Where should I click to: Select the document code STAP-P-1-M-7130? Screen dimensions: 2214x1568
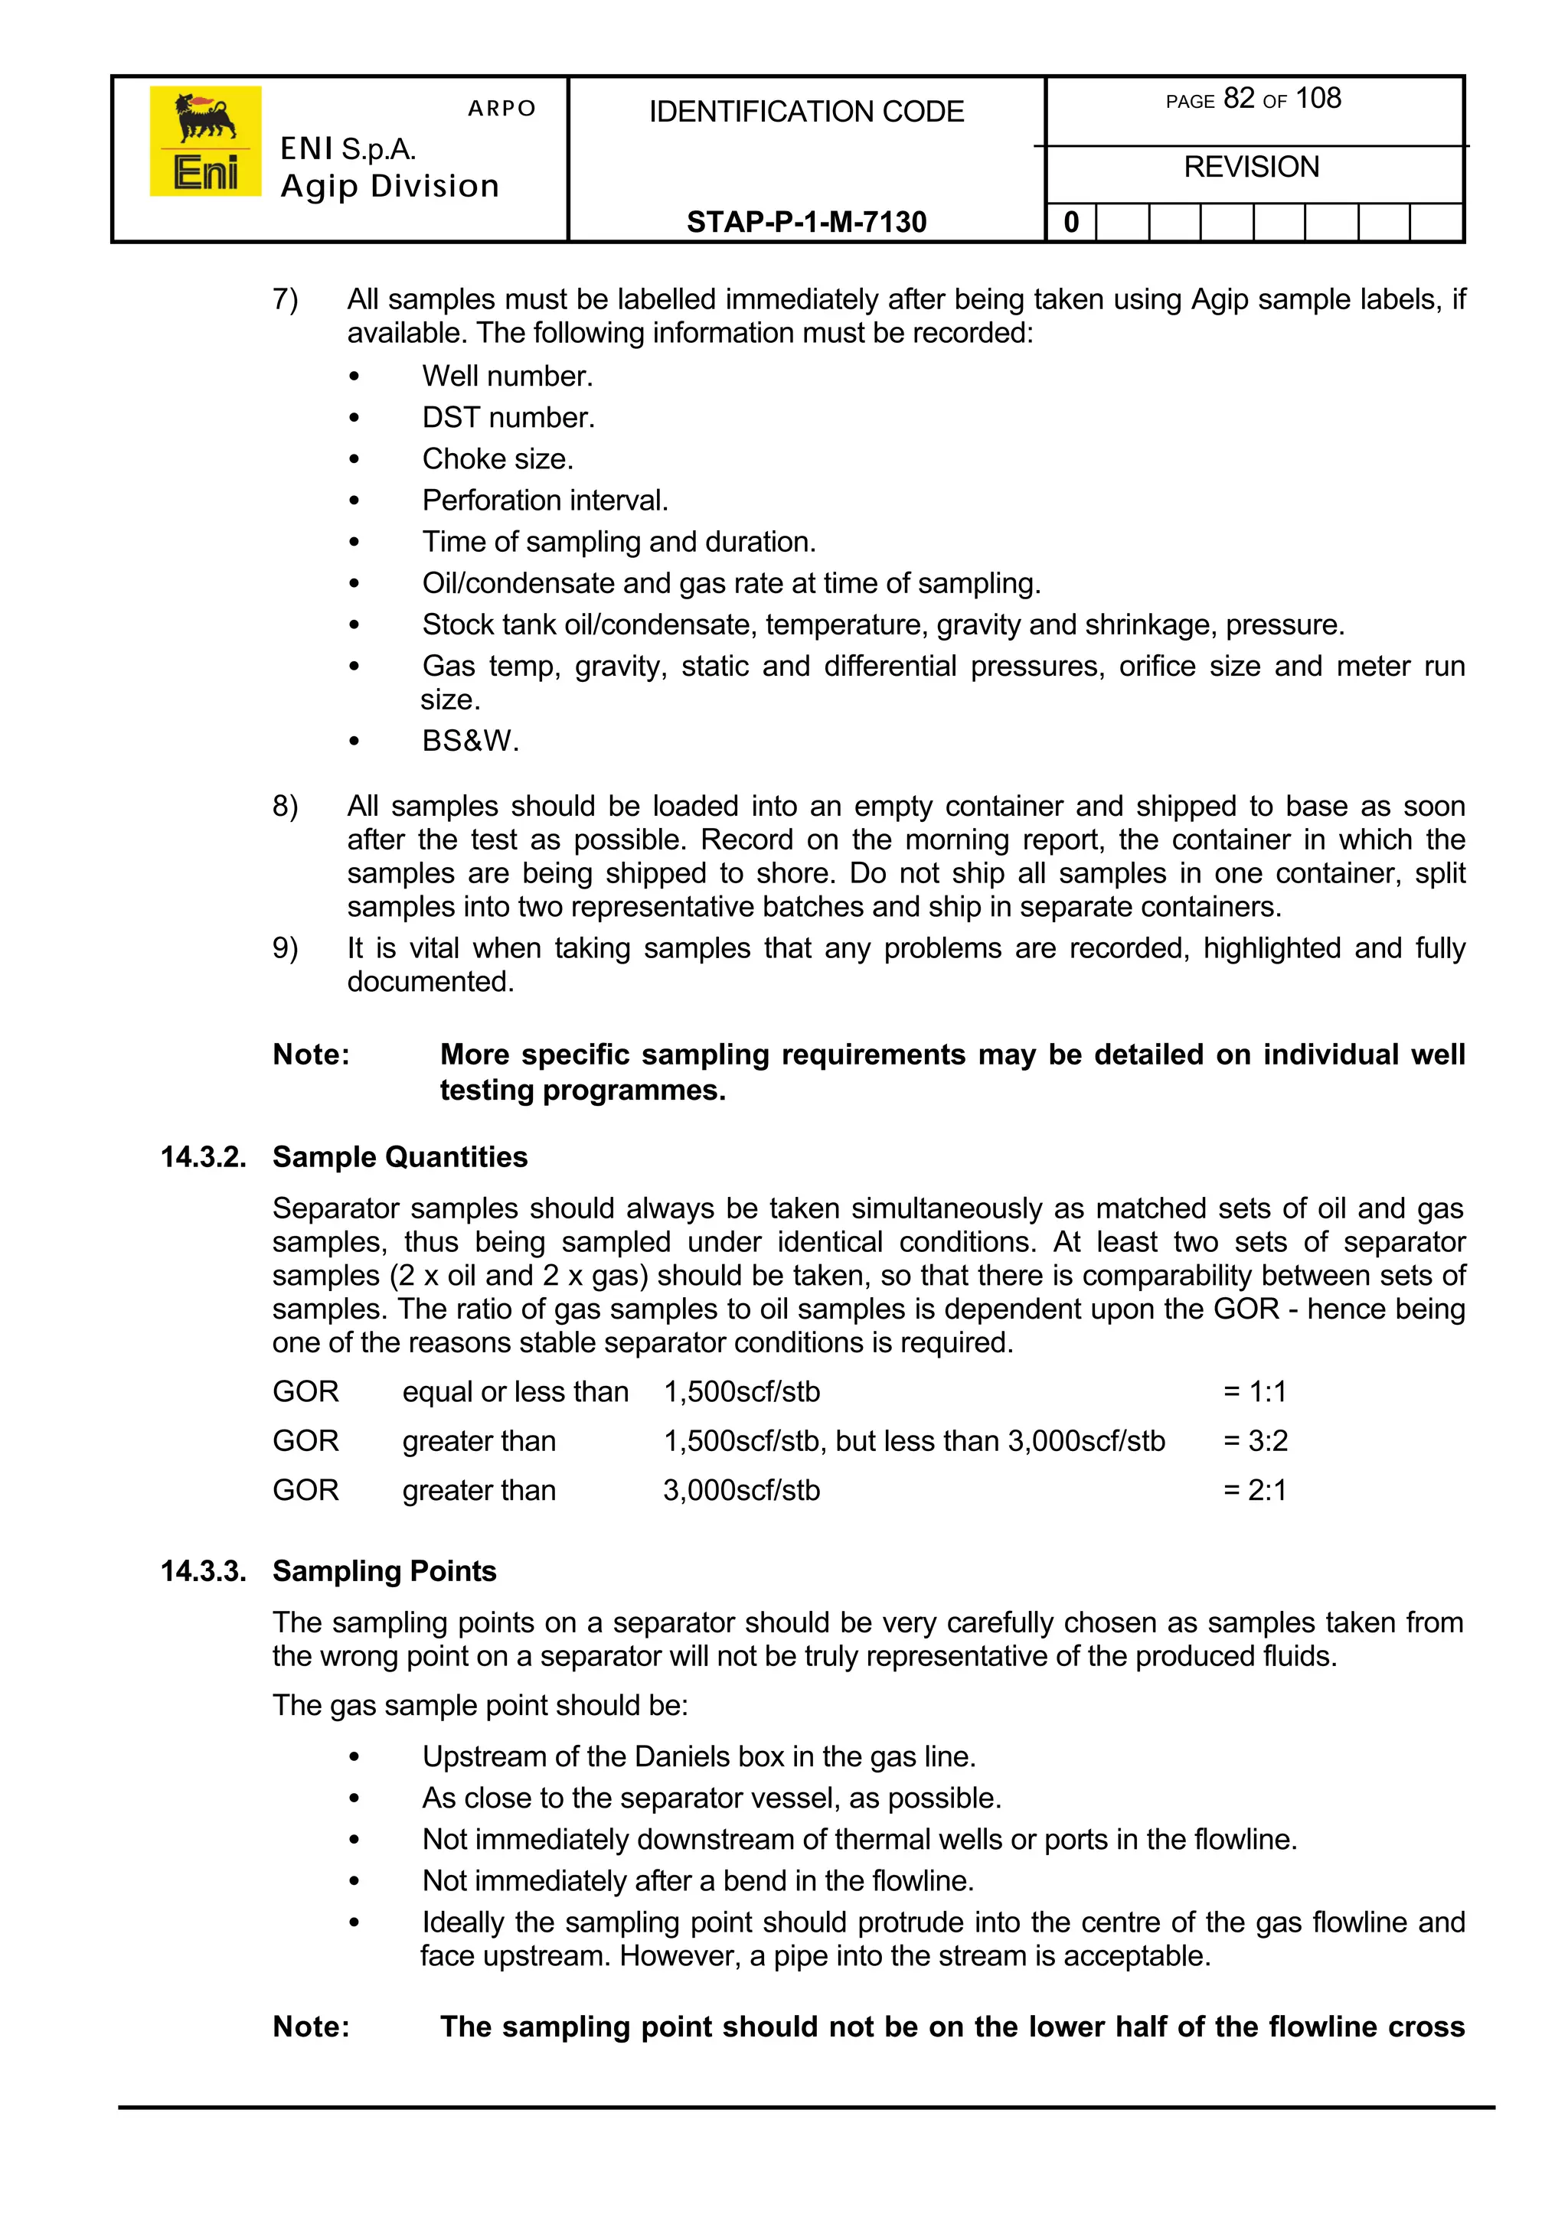(806, 222)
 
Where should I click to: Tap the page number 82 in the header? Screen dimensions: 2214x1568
(1238, 99)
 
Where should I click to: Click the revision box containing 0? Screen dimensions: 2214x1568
(1071, 223)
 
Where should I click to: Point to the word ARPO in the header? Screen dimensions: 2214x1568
(501, 108)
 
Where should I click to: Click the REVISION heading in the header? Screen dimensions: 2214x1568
(1251, 167)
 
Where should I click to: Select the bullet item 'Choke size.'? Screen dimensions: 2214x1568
(497, 458)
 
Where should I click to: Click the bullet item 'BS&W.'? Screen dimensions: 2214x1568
(470, 742)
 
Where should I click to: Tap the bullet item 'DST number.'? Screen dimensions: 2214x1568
(508, 417)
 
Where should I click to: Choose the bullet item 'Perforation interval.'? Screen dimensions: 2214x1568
(544, 500)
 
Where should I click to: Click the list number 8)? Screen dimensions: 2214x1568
(285, 806)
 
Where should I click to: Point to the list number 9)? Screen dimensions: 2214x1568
(285, 947)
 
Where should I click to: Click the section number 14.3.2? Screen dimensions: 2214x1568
(203, 1156)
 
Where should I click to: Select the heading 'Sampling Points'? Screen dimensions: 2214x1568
(384, 1570)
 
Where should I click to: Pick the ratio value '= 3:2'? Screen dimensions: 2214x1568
(1255, 1441)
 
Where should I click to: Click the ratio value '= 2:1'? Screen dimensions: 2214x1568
(1255, 1490)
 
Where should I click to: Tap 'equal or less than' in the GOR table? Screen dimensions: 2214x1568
(514, 1392)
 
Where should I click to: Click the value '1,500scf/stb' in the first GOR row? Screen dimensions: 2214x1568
(742, 1392)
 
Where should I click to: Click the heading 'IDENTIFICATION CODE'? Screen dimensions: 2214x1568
(806, 112)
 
